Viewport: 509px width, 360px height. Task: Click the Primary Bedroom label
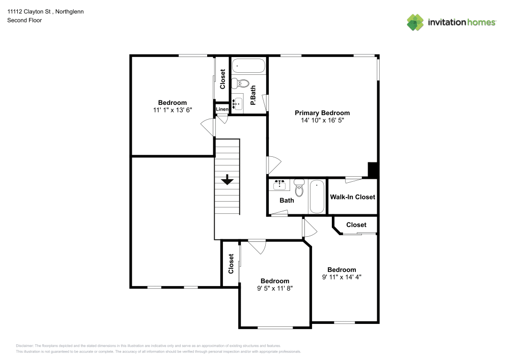[322, 113]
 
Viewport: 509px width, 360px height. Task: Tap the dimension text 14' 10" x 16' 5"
[322, 121]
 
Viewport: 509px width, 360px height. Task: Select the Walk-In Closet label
[352, 197]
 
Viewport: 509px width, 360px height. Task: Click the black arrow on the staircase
[227, 180]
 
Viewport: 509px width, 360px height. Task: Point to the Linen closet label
[222, 109]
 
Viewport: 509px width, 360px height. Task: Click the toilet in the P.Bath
[244, 84]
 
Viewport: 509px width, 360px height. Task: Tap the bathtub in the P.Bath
[248, 66]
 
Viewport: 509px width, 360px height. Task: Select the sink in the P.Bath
[237, 103]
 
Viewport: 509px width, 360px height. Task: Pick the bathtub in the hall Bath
[317, 197]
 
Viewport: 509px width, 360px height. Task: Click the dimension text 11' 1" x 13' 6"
[172, 110]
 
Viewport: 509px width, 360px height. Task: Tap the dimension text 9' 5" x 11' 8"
[275, 288]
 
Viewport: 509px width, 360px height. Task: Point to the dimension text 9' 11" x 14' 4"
[342, 277]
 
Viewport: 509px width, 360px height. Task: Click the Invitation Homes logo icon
[415, 22]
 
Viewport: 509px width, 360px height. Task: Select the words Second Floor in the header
[24, 20]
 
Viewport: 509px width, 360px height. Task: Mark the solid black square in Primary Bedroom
[373, 170]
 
